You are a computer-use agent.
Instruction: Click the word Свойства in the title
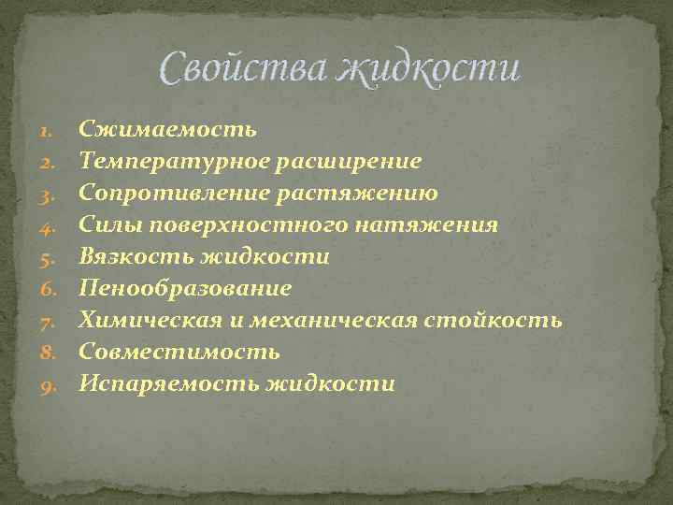pyautogui.click(x=242, y=67)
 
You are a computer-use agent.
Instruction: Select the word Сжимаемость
pyautogui.click(x=167, y=129)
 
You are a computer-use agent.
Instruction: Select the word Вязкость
pyautogui.click(x=136, y=256)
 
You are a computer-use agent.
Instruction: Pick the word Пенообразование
pyautogui.click(x=185, y=288)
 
